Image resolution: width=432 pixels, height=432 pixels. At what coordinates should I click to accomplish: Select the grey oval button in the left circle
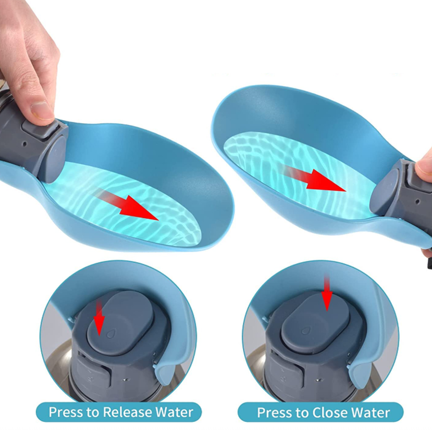(120, 324)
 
